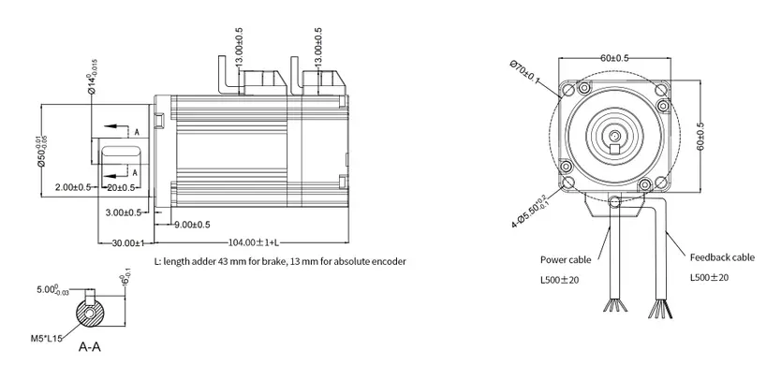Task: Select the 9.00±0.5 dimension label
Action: (x=192, y=225)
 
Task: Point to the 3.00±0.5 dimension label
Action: (x=124, y=212)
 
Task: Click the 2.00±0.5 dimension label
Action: (x=73, y=187)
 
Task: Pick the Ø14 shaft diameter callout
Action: (x=90, y=80)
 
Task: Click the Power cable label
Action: (x=566, y=260)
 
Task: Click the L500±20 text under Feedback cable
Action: (x=709, y=277)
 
